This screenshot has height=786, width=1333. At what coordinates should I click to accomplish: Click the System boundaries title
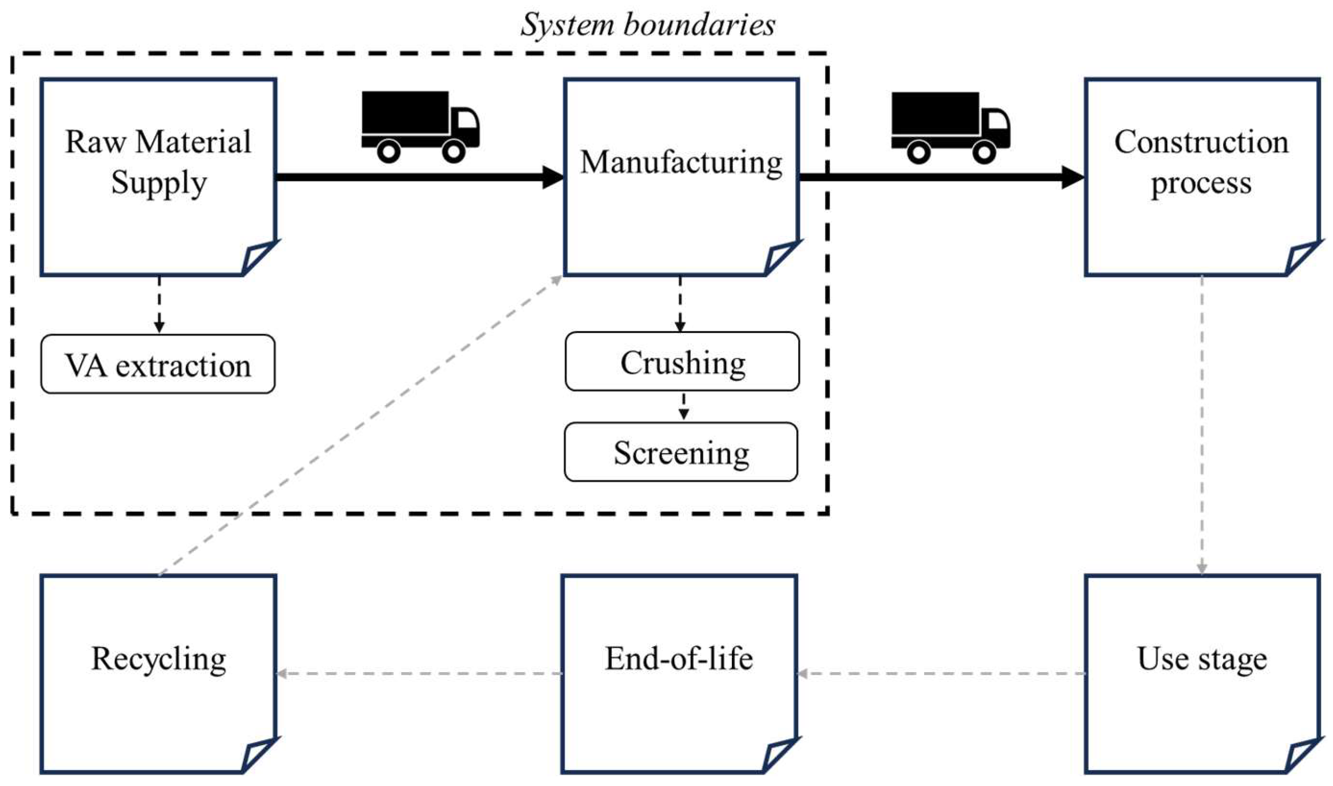tap(647, 25)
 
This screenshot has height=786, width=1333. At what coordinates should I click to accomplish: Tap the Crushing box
tap(682, 362)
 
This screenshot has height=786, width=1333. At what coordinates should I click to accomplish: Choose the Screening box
tap(681, 453)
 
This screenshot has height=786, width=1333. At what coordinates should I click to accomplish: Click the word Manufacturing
tap(681, 162)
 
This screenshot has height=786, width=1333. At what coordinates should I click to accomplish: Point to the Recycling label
tap(158, 659)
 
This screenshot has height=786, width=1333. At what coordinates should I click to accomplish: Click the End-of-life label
tap(678, 659)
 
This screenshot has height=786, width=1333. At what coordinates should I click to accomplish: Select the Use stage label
tap(1202, 659)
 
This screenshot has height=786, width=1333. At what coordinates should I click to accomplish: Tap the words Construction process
tap(1201, 162)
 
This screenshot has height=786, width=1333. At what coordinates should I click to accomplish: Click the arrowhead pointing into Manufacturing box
tap(554, 177)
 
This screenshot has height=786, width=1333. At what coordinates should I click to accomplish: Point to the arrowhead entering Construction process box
tap(1073, 177)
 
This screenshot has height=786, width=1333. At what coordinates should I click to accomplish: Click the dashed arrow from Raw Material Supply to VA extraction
tap(159, 304)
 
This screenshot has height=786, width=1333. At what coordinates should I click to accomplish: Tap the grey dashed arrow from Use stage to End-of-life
tap(941, 674)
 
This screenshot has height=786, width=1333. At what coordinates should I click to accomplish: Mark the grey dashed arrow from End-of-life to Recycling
tap(419, 674)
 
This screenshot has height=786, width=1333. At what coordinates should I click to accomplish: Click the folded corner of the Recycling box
tap(258, 755)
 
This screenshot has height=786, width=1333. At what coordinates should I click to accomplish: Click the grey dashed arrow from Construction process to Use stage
tap(1202, 424)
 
